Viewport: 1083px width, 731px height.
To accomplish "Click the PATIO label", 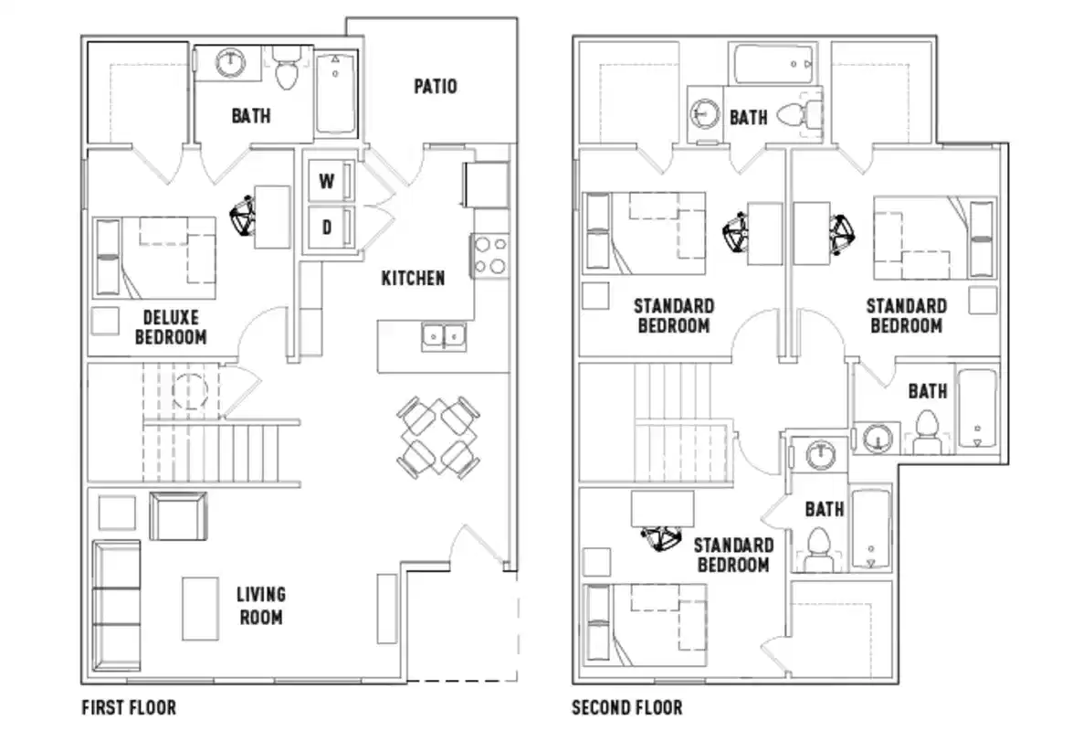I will click(x=436, y=87).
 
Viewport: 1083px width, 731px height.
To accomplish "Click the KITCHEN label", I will click(x=413, y=278).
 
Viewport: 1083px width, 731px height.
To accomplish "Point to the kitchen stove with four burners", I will click(x=489, y=255).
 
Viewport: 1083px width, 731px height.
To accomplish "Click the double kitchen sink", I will click(x=444, y=336).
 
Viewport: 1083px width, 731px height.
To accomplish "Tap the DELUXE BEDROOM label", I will click(x=171, y=327).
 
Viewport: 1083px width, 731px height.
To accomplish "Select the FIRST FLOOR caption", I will click(x=129, y=707).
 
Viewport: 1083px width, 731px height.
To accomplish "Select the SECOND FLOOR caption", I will click(x=626, y=707).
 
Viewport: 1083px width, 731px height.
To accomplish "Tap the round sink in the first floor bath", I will click(x=232, y=63).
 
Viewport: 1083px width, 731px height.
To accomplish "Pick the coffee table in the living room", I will click(x=200, y=608).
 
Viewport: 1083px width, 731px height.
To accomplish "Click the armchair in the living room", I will click(x=178, y=515).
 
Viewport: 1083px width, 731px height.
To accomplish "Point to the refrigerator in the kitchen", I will click(x=486, y=185).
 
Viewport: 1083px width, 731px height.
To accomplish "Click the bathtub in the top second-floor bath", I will click(x=774, y=65).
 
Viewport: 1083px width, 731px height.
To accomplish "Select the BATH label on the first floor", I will click(x=250, y=116).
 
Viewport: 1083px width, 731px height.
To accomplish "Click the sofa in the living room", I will click(x=116, y=593).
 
